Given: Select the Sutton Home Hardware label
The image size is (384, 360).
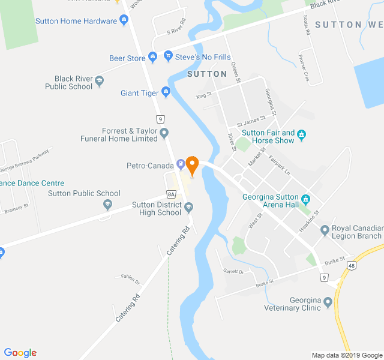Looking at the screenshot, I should coord(76,21).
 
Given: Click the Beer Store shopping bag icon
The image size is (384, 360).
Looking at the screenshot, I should coord(153,58).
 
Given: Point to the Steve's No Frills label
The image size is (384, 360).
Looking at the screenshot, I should coord(203,58).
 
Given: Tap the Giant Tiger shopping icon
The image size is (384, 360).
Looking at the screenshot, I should coord(166,92).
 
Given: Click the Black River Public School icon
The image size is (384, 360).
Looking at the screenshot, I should coord(100,82).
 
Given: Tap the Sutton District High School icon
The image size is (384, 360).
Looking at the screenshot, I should coord(188,208).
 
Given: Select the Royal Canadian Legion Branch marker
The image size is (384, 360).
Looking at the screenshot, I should coord(325,230).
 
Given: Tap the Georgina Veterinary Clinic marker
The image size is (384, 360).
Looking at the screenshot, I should coord(328,302).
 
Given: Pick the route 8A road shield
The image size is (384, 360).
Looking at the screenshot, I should coord(171,194).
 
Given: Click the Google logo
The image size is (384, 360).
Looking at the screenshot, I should coord(20,353).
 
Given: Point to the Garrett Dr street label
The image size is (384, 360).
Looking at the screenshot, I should coord(233,271).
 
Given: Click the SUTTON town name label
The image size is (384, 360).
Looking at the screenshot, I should coord(207,74).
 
